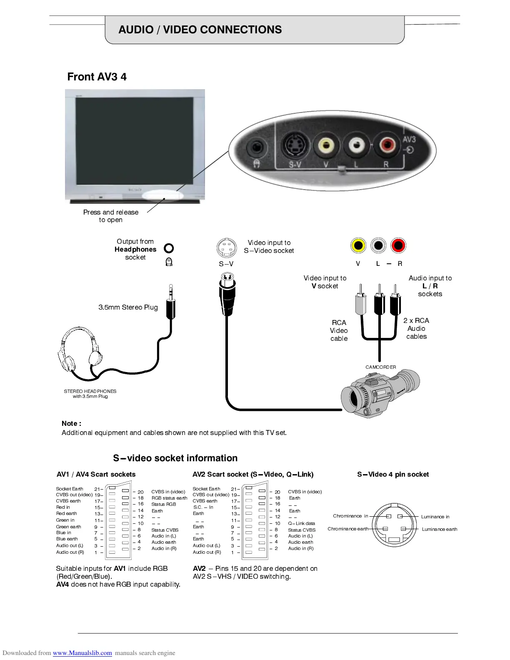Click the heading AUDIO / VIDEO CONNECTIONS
click(x=200, y=30)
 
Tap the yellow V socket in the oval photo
click(x=326, y=145)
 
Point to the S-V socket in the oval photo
click(x=295, y=145)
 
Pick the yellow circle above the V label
click(x=358, y=245)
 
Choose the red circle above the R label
click(x=398, y=245)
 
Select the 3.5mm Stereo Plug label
click(x=128, y=307)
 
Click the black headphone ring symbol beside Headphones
click(x=169, y=248)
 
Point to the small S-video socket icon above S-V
click(x=227, y=248)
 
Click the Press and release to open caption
click(x=111, y=216)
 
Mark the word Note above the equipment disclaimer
click(x=71, y=423)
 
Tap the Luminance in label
click(x=435, y=517)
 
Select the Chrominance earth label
click(x=348, y=529)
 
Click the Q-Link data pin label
click(x=301, y=523)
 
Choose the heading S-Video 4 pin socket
click(x=393, y=474)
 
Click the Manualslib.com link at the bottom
click(x=82, y=653)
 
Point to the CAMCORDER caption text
click(x=381, y=367)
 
